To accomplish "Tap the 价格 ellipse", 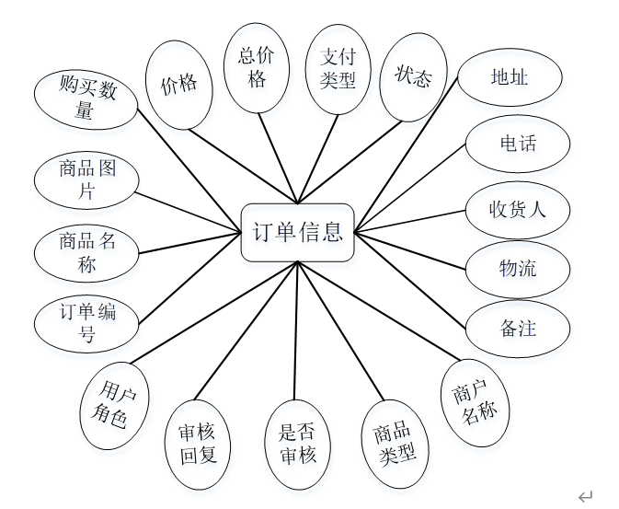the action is click(179, 85).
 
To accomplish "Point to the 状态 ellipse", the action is click(413, 77).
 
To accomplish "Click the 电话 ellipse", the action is click(517, 145).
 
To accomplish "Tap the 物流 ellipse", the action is click(517, 269).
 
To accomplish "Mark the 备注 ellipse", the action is click(518, 329).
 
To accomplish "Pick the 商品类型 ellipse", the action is click(395, 444).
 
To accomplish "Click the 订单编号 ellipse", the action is click(87, 323).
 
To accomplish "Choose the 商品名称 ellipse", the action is click(87, 253).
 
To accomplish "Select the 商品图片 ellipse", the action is click(87, 180).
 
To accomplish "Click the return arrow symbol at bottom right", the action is click(585, 497).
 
